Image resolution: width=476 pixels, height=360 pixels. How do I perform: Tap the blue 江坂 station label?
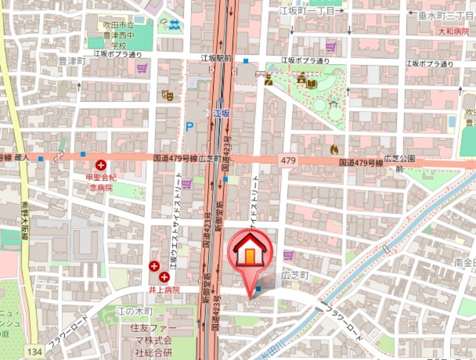(222, 112)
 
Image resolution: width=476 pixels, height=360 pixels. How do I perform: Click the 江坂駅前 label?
(215, 58)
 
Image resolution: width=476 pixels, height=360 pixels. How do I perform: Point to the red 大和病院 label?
(453, 32)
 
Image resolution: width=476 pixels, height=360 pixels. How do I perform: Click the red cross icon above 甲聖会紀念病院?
(101, 165)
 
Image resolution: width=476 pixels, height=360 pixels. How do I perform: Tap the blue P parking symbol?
(190, 126)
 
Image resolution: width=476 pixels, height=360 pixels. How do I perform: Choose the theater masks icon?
(167, 95)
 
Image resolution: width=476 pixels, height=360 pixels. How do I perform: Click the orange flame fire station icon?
(334, 149)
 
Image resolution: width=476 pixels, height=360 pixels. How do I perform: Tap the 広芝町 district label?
(295, 276)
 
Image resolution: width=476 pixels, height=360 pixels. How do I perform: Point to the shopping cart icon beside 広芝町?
(289, 256)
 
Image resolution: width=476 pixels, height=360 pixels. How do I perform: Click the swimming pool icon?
(174, 25)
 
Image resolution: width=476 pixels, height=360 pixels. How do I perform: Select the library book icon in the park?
(312, 83)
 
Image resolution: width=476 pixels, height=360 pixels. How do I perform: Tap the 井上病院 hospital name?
(164, 290)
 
